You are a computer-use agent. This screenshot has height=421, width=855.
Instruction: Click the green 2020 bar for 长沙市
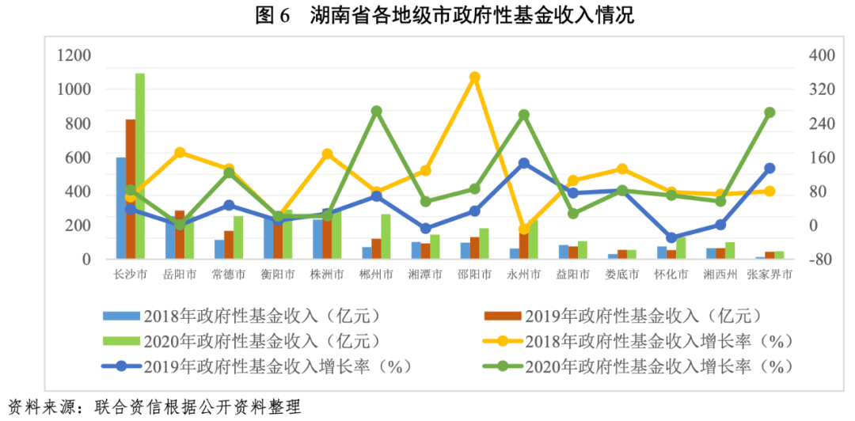[x=140, y=166]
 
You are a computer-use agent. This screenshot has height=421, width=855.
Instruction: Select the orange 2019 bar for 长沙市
[x=131, y=189]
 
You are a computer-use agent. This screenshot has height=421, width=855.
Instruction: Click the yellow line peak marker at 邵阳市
[x=474, y=78]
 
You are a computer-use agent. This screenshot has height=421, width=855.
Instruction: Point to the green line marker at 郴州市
[x=377, y=112]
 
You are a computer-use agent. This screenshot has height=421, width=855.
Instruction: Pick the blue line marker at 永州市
[x=523, y=164]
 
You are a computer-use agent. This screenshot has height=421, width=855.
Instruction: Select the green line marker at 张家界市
[x=769, y=113]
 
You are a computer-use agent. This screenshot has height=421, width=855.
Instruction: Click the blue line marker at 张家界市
[x=769, y=169]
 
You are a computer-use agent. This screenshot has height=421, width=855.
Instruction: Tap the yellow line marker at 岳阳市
[x=180, y=153]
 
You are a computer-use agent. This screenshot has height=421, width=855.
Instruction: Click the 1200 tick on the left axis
[x=74, y=55]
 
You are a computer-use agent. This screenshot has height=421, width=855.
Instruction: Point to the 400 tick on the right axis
[x=822, y=55]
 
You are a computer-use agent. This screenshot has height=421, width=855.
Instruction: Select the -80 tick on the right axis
[x=822, y=260]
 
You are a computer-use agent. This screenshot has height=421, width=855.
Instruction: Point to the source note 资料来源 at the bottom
[x=154, y=408]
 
